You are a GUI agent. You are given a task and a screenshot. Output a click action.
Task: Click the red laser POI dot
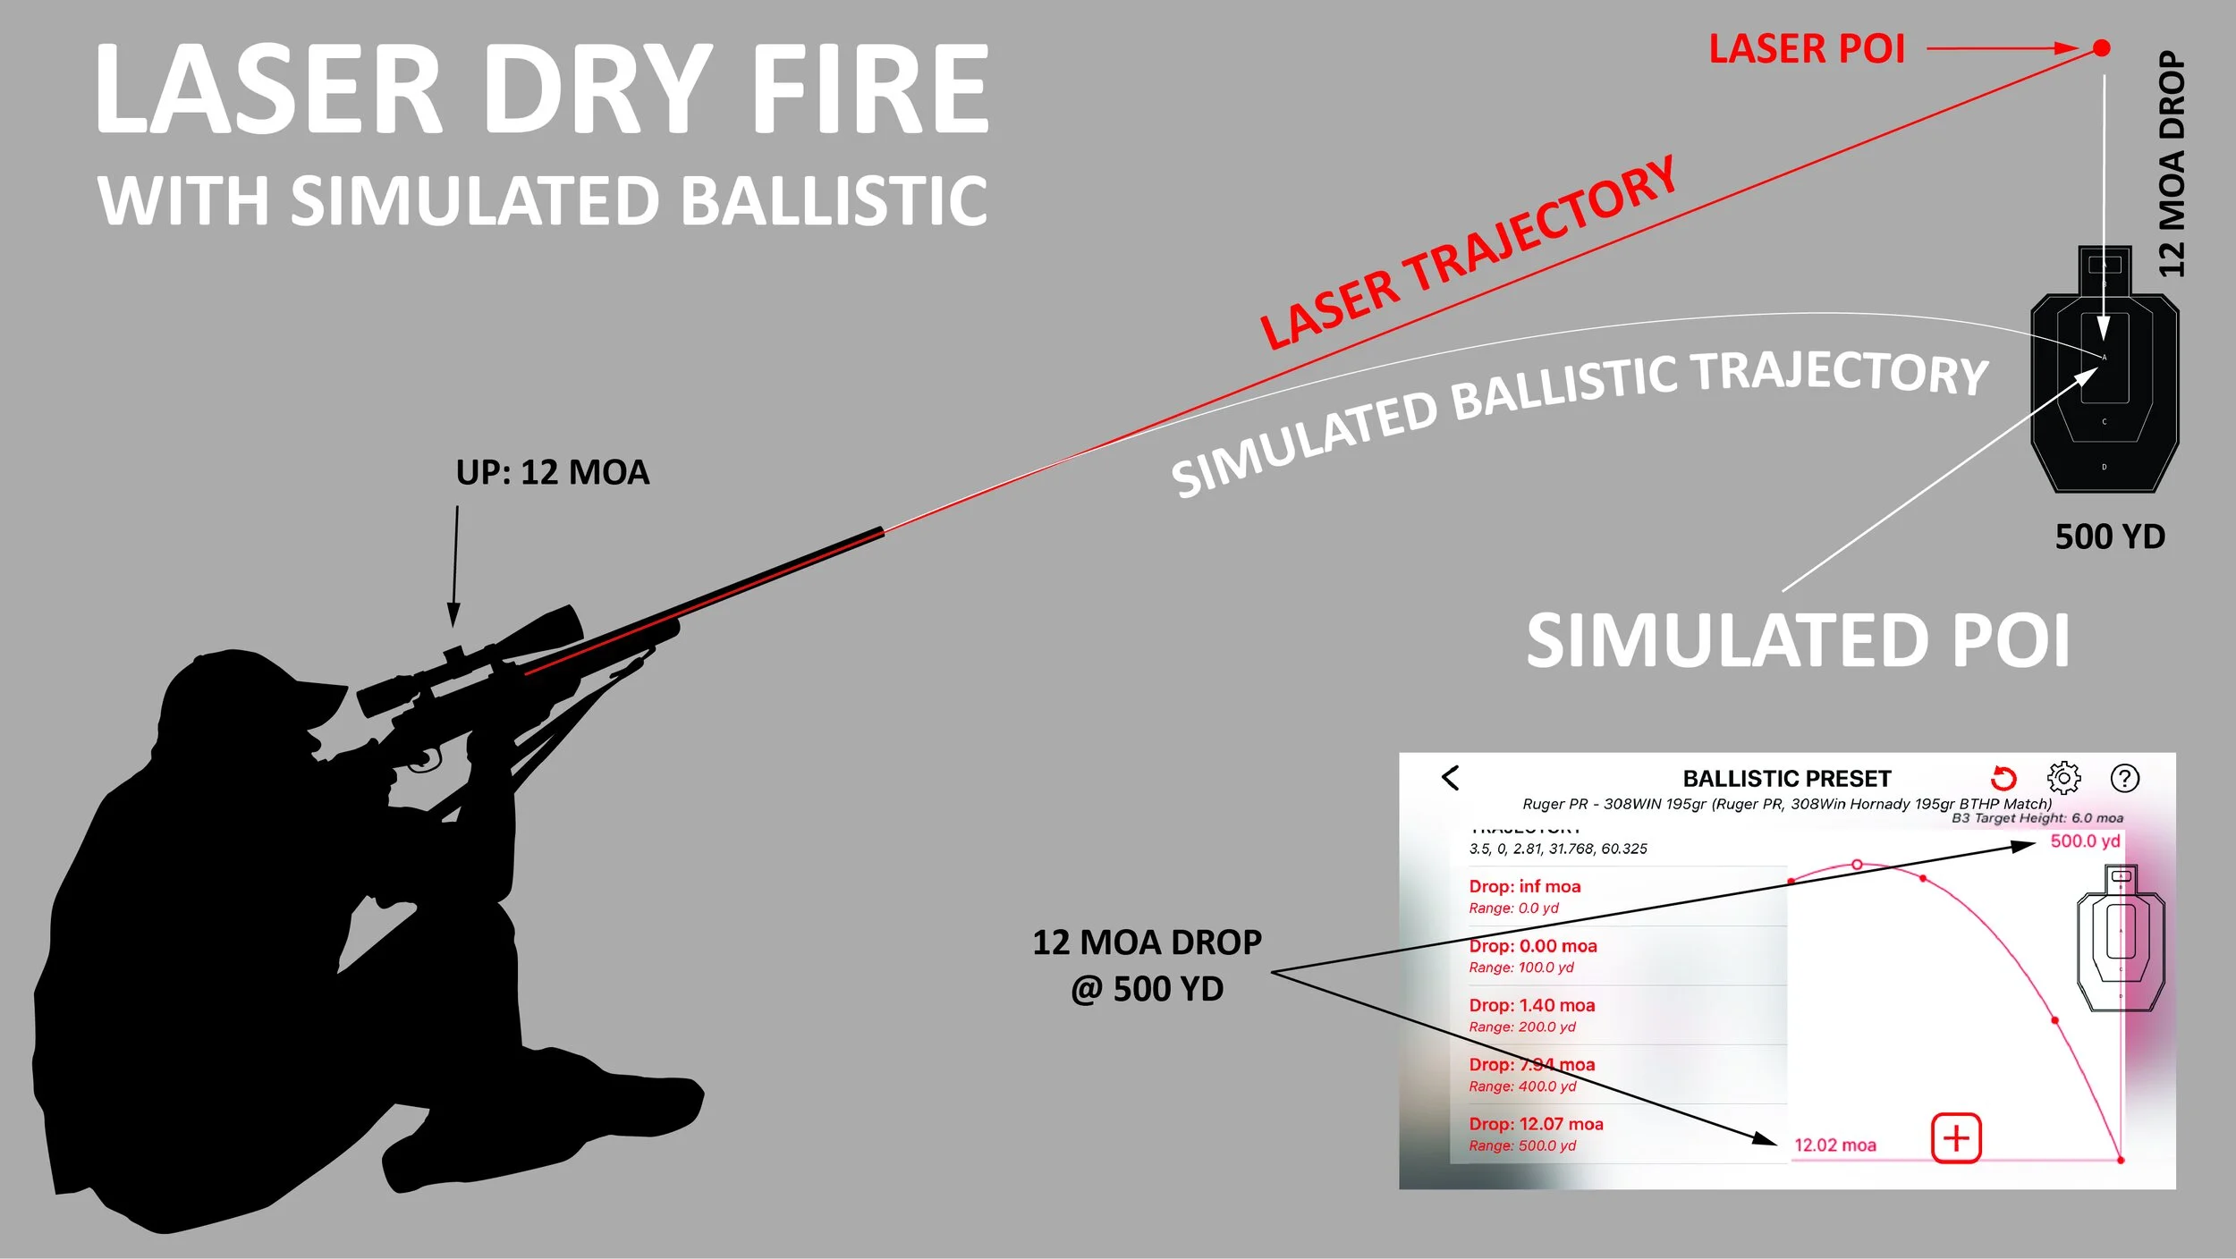(2102, 47)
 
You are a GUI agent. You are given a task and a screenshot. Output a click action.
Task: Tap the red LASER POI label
(1807, 49)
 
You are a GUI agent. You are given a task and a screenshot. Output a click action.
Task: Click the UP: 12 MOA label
(552, 472)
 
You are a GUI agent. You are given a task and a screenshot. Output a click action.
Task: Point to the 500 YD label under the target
(2110, 537)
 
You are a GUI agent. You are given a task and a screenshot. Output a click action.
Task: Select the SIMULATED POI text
(1798, 640)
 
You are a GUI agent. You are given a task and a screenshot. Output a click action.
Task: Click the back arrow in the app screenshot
(1451, 778)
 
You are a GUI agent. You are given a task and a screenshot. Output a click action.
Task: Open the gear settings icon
(2063, 778)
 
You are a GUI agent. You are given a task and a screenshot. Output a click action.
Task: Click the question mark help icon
(2125, 778)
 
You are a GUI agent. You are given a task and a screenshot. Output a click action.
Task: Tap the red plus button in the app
(1956, 1138)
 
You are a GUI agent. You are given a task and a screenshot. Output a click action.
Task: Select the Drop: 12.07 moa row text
(1536, 1124)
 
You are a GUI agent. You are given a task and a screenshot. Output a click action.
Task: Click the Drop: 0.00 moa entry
(1532, 946)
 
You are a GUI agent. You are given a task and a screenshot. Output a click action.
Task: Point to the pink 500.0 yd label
(2085, 841)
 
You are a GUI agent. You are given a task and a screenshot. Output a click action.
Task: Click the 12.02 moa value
(1835, 1145)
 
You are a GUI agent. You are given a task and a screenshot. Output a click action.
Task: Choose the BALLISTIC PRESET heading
(1787, 779)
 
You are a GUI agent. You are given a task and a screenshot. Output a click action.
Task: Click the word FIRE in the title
(869, 89)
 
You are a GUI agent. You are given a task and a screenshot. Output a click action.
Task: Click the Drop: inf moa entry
(1524, 886)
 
